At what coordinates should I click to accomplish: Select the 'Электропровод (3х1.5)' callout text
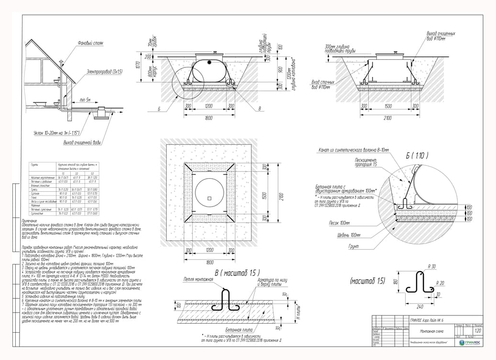click(105, 71)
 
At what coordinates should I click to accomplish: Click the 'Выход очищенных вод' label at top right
click(440, 36)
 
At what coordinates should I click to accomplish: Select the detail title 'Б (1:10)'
click(417, 155)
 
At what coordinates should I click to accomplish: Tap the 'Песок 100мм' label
click(340, 223)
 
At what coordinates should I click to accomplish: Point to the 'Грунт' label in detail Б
click(354, 246)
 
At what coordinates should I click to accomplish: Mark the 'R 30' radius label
click(432, 266)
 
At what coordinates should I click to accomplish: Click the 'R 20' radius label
click(441, 283)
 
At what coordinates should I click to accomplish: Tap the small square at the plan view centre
click(209, 198)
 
